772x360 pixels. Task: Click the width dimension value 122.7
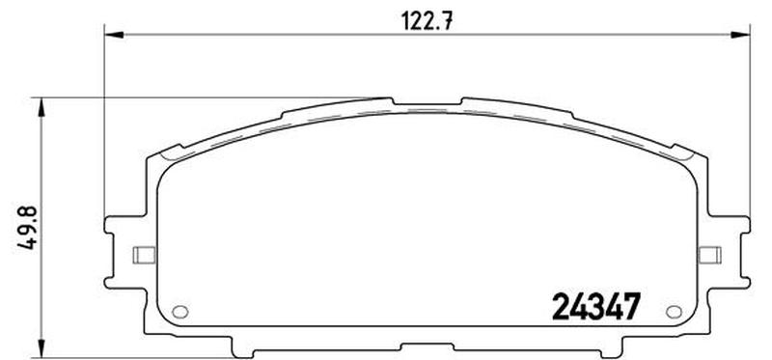(x=427, y=21)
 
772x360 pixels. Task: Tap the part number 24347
(x=596, y=306)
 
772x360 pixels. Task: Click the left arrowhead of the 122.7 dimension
(x=114, y=35)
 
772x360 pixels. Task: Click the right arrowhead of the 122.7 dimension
(x=740, y=35)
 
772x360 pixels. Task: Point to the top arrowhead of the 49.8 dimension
(x=41, y=107)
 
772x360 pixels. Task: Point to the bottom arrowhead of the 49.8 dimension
(x=41, y=347)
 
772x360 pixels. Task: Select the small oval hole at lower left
(x=180, y=311)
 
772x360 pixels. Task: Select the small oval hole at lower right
(x=674, y=311)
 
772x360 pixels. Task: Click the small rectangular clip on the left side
(x=144, y=255)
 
